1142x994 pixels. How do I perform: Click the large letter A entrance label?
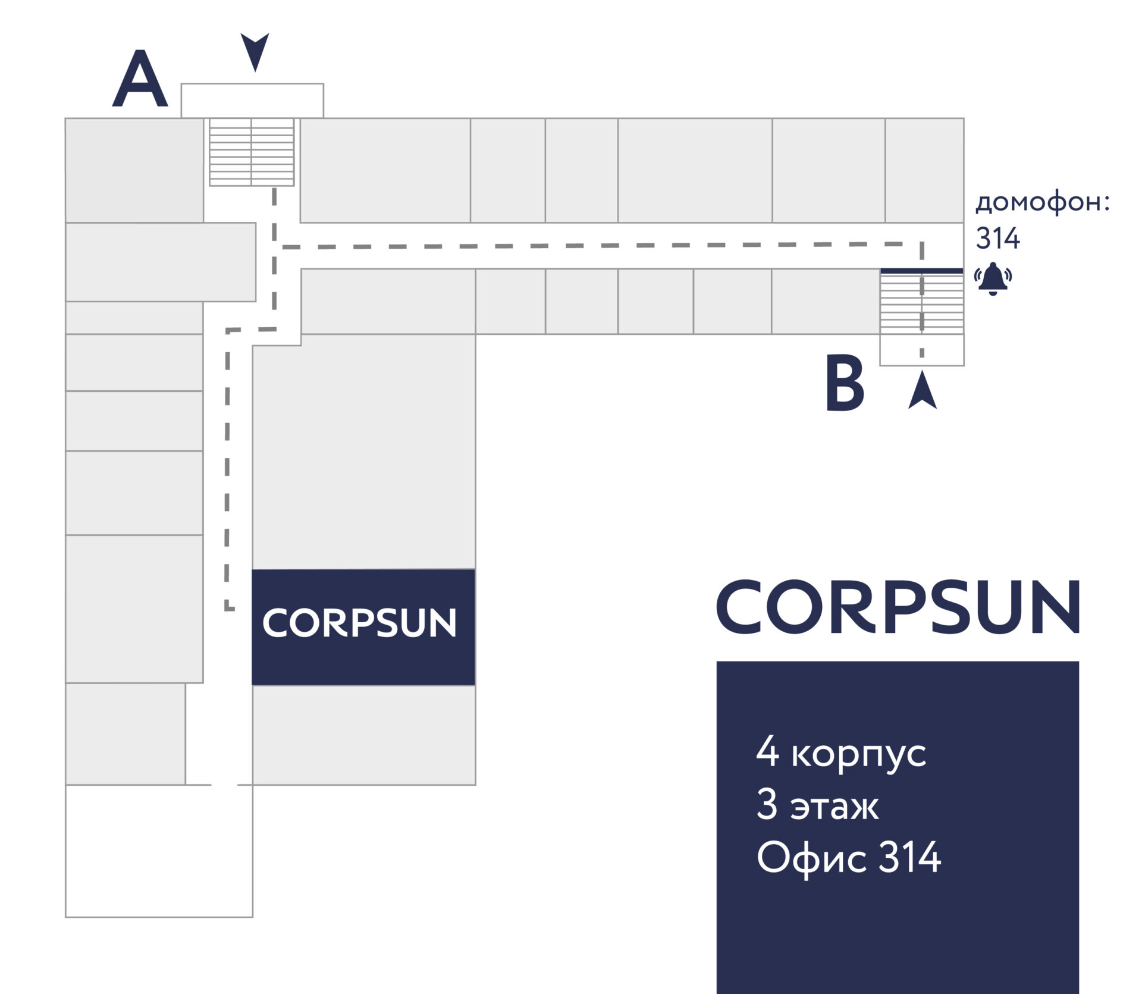click(140, 80)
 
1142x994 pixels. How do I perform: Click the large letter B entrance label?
click(845, 384)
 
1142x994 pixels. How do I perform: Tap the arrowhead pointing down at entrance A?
click(255, 51)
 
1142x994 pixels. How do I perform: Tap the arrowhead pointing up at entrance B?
click(923, 391)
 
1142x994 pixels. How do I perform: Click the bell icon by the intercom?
click(993, 278)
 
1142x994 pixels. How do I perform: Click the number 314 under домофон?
click(998, 239)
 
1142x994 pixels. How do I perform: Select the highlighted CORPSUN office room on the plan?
click(363, 626)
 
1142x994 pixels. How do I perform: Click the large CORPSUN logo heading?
click(898, 607)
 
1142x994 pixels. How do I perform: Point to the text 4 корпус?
click(841, 753)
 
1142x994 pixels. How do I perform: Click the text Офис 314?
click(849, 858)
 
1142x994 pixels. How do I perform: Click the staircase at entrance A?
click(252, 152)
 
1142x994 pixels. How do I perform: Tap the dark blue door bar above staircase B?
click(922, 271)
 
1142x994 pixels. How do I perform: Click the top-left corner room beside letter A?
click(134, 170)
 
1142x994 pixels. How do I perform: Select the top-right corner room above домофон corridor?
click(924, 170)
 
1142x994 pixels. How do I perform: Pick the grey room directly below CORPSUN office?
click(364, 735)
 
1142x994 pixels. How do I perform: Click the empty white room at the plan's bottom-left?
click(159, 851)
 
